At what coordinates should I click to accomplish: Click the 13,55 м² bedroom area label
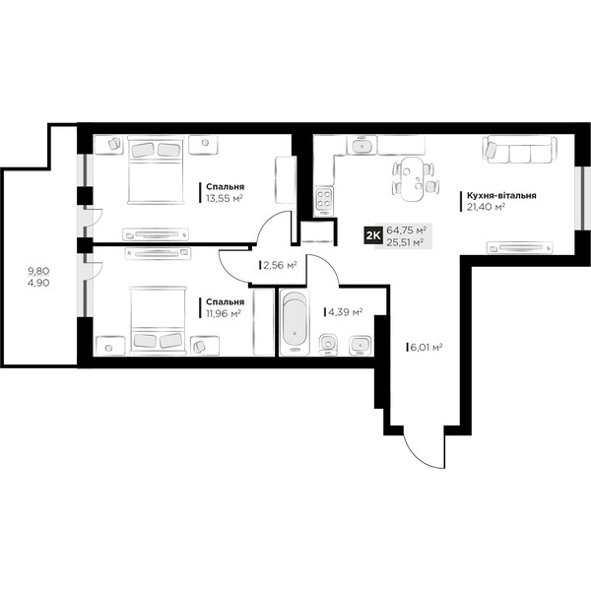(224, 199)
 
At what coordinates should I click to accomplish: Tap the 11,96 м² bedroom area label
(224, 313)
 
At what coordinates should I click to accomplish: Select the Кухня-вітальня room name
(501, 196)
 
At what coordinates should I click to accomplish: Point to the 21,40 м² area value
(486, 207)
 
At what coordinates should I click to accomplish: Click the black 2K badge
(373, 235)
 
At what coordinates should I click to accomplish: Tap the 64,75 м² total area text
(406, 230)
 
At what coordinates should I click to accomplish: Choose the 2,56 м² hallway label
(280, 265)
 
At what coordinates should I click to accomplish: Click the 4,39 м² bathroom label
(346, 312)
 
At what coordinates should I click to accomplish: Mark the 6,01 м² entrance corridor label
(426, 347)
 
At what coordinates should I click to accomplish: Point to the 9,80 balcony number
(38, 271)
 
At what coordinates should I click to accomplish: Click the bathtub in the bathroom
(295, 322)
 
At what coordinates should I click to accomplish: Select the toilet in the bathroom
(328, 345)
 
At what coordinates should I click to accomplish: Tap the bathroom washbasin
(360, 346)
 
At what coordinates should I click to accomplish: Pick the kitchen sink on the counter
(361, 145)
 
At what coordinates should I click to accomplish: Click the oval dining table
(413, 179)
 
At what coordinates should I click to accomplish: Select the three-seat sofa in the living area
(519, 150)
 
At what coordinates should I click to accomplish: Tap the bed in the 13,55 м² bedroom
(156, 170)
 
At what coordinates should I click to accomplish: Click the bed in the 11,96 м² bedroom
(158, 320)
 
